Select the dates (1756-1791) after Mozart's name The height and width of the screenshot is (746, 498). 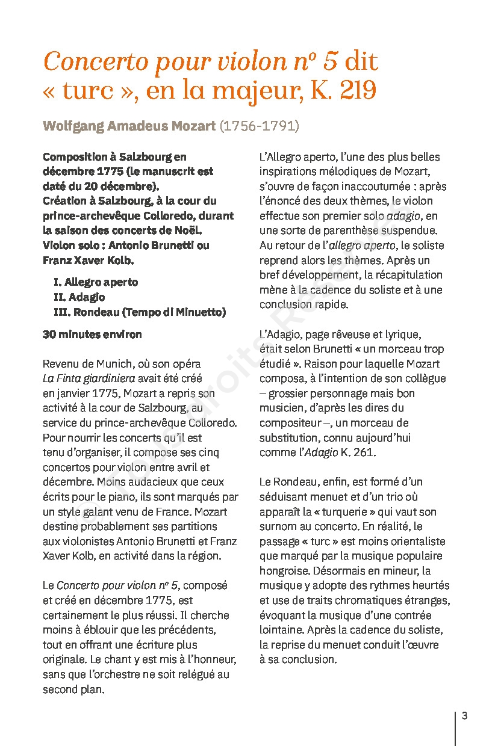click(259, 126)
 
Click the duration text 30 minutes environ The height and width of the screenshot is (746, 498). click(92, 334)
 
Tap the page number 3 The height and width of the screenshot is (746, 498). click(464, 716)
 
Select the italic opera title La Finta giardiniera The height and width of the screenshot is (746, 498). click(89, 379)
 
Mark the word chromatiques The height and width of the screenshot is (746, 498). click(372, 600)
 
